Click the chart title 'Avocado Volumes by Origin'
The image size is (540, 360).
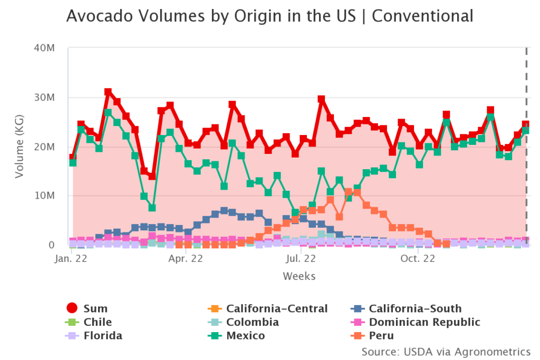269,16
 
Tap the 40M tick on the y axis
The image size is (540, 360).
45,48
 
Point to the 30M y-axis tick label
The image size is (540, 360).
45,98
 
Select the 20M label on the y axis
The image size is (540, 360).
45,147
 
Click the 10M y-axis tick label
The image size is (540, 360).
45,196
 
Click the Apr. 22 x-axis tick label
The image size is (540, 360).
186,259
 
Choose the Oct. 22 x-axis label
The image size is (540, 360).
417,259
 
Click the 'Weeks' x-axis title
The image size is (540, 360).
299,276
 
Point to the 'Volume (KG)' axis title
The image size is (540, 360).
20,146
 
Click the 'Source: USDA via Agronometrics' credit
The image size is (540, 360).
446,351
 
